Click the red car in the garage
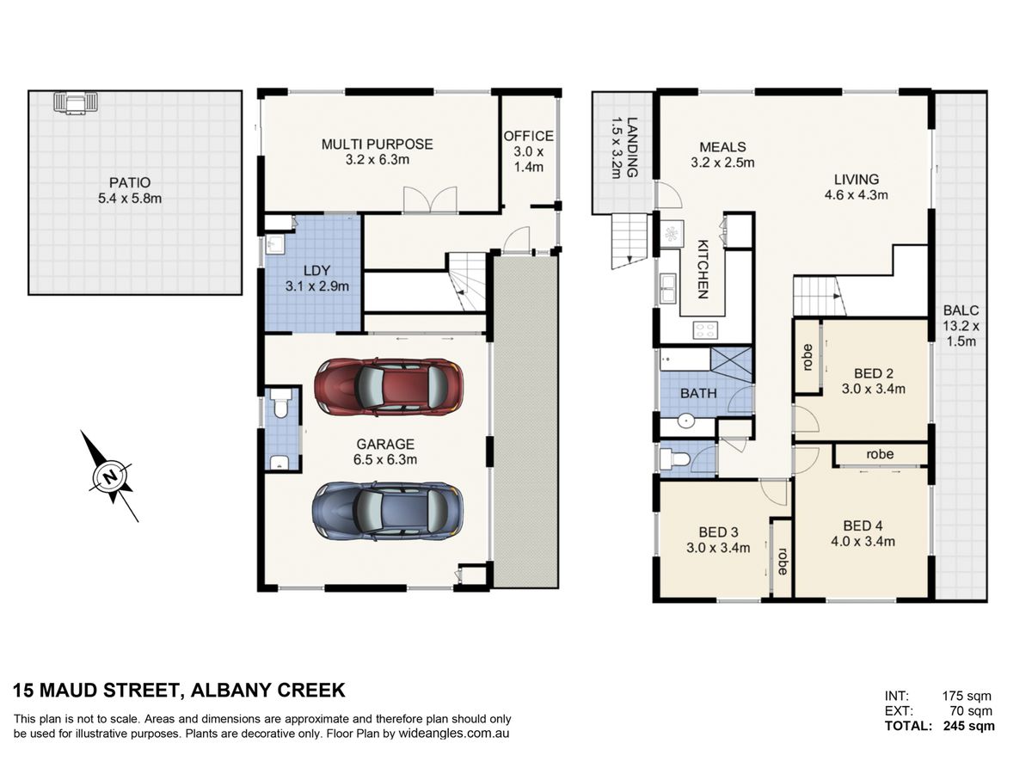pyautogui.click(x=389, y=387)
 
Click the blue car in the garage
pyautogui.click(x=388, y=512)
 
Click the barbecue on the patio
pyautogui.click(x=76, y=103)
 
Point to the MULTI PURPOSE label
pyautogui.click(x=377, y=144)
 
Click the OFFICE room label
pyautogui.click(x=528, y=136)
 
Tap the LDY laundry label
pyautogui.click(x=316, y=270)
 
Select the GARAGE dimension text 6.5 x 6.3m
pyautogui.click(x=385, y=459)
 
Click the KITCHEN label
pyautogui.click(x=703, y=269)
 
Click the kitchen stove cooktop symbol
pyautogui.click(x=705, y=329)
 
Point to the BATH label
pyautogui.click(x=698, y=393)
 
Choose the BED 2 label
pyautogui.click(x=874, y=373)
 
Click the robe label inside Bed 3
pyautogui.click(x=783, y=561)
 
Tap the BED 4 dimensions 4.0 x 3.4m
pyautogui.click(x=863, y=541)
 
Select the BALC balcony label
pyautogui.click(x=961, y=310)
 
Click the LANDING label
pyautogui.click(x=632, y=147)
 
